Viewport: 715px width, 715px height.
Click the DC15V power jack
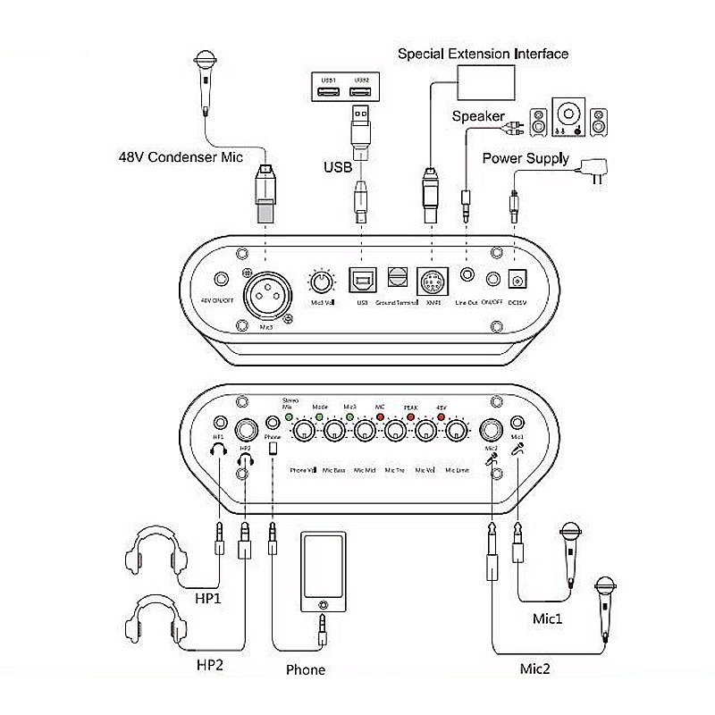(x=516, y=281)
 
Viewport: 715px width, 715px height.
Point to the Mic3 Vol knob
(x=319, y=283)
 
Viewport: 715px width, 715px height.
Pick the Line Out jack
(x=467, y=275)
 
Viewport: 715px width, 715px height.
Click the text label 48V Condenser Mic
(x=181, y=157)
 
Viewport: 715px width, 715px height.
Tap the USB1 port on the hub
(x=328, y=88)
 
